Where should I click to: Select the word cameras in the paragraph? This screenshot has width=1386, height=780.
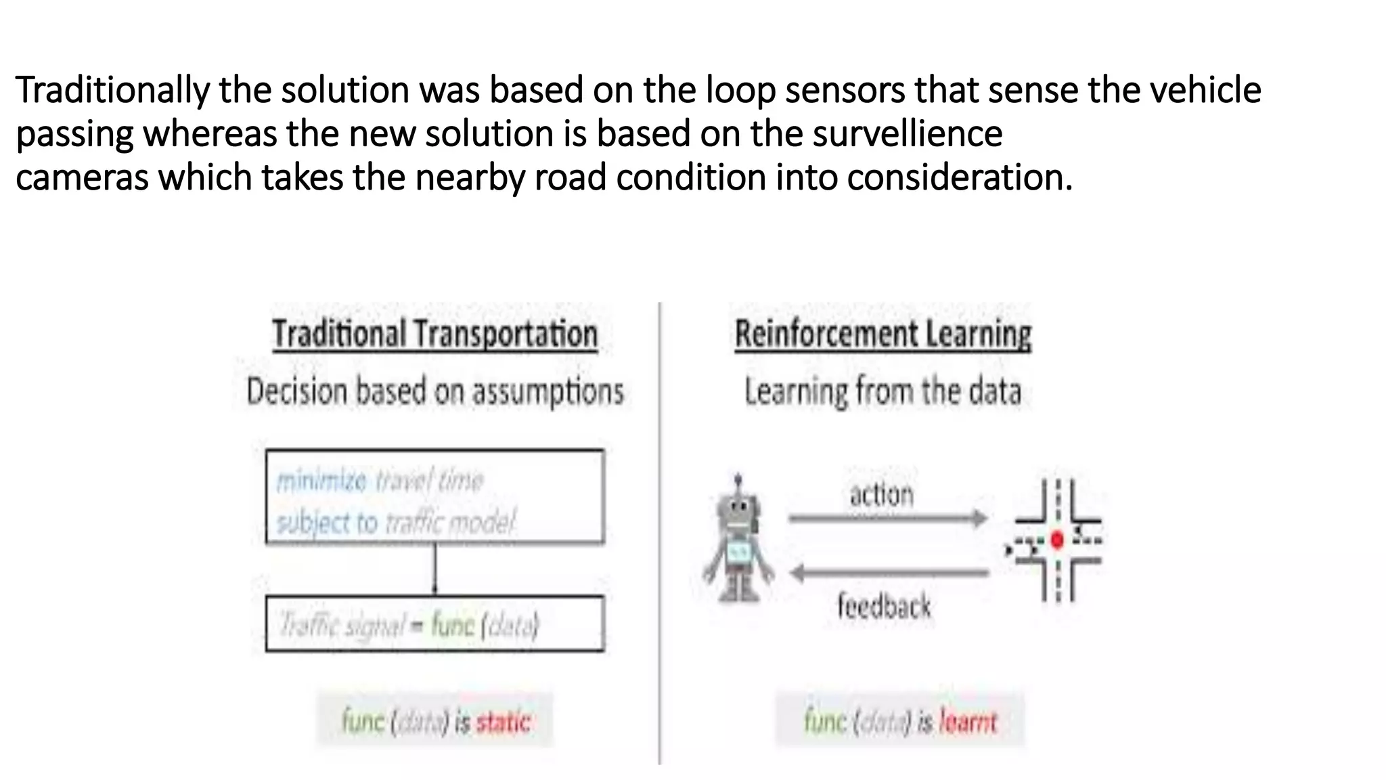pos(82,177)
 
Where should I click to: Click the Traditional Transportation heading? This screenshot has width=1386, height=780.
pos(435,334)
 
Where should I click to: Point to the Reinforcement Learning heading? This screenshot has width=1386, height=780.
pos(883,334)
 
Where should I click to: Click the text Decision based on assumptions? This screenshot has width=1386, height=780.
pos(435,392)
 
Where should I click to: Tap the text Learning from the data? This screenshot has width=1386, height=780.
pos(882,392)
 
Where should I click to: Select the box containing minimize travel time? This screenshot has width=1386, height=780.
pos(435,496)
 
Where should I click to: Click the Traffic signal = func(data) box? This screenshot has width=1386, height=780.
pos(435,624)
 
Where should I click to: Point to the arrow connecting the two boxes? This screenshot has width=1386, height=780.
pos(435,569)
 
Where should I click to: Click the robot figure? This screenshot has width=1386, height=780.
pos(738,542)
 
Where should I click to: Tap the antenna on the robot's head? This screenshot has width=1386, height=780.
pos(738,481)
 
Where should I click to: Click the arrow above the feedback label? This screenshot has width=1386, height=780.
pos(889,573)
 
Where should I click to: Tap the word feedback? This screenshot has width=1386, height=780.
pos(884,605)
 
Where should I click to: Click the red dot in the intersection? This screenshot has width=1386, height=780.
pos(1057,540)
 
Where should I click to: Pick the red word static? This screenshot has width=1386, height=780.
pos(503,722)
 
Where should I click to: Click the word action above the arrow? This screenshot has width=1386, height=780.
pos(882,495)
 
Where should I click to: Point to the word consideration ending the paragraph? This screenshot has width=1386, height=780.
pos(959,177)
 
